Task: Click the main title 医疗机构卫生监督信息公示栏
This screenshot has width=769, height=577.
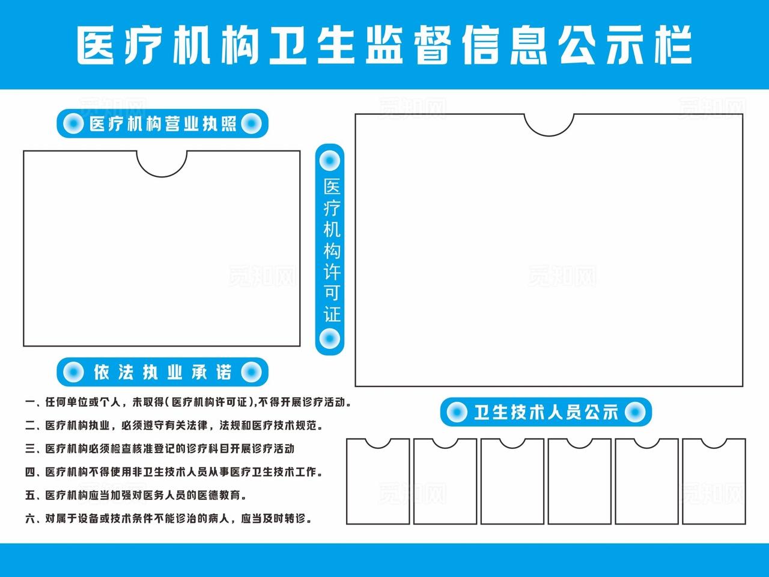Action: click(384, 45)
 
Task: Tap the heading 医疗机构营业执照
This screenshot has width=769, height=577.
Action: click(162, 124)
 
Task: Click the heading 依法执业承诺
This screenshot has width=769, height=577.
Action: click(162, 372)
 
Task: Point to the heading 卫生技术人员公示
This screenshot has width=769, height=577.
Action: click(546, 412)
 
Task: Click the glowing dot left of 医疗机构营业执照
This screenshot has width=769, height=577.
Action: click(73, 124)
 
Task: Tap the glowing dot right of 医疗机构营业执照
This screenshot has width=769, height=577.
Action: click(251, 124)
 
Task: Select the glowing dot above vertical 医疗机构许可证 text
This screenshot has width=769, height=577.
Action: click(329, 161)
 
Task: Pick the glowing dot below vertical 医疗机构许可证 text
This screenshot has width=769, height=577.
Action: click(329, 339)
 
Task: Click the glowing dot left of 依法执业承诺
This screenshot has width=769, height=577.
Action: click(73, 372)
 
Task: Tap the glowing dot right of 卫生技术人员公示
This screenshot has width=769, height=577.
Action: click(636, 412)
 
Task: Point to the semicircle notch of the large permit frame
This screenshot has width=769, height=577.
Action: click(549, 124)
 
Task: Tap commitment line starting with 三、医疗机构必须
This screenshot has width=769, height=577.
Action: click(160, 449)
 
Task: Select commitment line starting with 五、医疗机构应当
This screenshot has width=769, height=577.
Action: click(136, 495)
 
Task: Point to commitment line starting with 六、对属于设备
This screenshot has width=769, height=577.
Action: click(168, 518)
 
